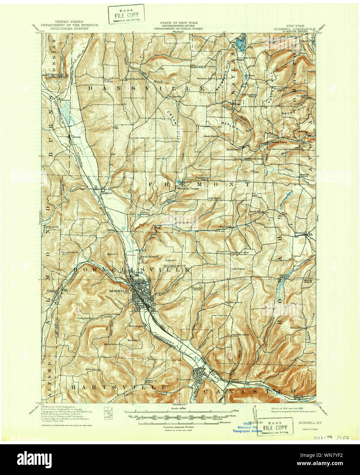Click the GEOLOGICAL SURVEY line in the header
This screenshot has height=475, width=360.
[69, 29]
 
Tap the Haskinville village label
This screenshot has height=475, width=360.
[234, 149]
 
